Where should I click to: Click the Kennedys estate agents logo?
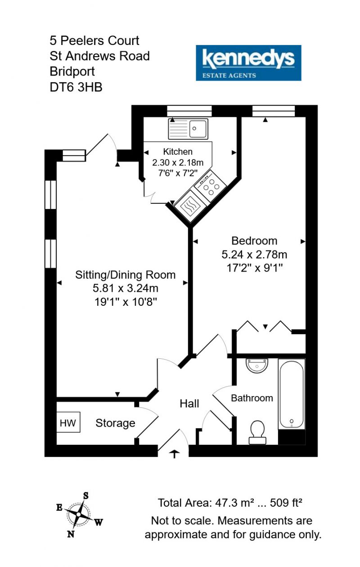248,63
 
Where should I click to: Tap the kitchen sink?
188,129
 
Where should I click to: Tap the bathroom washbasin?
257,366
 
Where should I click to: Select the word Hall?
189,403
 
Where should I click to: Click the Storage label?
115,423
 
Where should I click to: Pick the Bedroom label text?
254,241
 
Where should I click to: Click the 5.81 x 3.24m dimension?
126,288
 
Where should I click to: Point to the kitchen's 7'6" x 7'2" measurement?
178,173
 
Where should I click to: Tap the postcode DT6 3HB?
76,87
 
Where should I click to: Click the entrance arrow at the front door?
175,454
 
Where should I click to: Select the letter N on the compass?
71,534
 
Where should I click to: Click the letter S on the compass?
86,496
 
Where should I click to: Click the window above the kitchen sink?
189,111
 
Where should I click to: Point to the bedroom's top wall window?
274,111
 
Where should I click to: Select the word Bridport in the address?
72,71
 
